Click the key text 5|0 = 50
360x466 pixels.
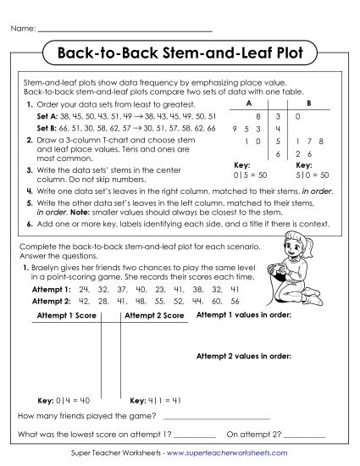(x=307, y=173)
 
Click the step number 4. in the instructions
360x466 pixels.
(x=30, y=191)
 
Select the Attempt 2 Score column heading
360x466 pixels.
(x=154, y=315)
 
